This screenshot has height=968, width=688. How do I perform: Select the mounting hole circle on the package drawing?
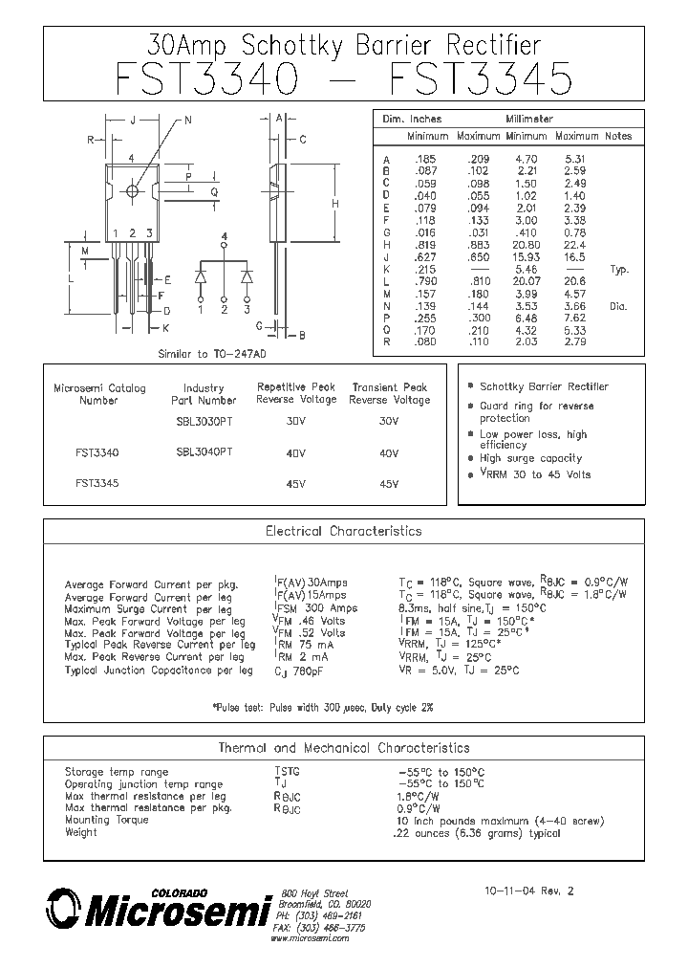click(132, 190)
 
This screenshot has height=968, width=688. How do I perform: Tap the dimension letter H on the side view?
click(335, 204)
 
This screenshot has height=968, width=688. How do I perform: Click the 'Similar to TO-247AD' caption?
click(207, 353)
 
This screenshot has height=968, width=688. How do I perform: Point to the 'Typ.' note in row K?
click(619, 271)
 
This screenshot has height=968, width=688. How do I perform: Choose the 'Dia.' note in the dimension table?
click(619, 306)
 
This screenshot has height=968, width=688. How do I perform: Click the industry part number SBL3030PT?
click(204, 422)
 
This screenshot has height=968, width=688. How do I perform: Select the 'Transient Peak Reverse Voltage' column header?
click(389, 393)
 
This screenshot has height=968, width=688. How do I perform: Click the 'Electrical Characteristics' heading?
click(343, 531)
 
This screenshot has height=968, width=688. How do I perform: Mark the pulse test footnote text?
click(322, 707)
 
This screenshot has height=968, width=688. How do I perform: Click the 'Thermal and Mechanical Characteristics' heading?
click(343, 747)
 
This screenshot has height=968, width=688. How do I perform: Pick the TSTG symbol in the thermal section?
click(287, 772)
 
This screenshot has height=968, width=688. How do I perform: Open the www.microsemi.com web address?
click(309, 939)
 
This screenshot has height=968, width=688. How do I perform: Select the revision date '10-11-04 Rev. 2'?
click(531, 891)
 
